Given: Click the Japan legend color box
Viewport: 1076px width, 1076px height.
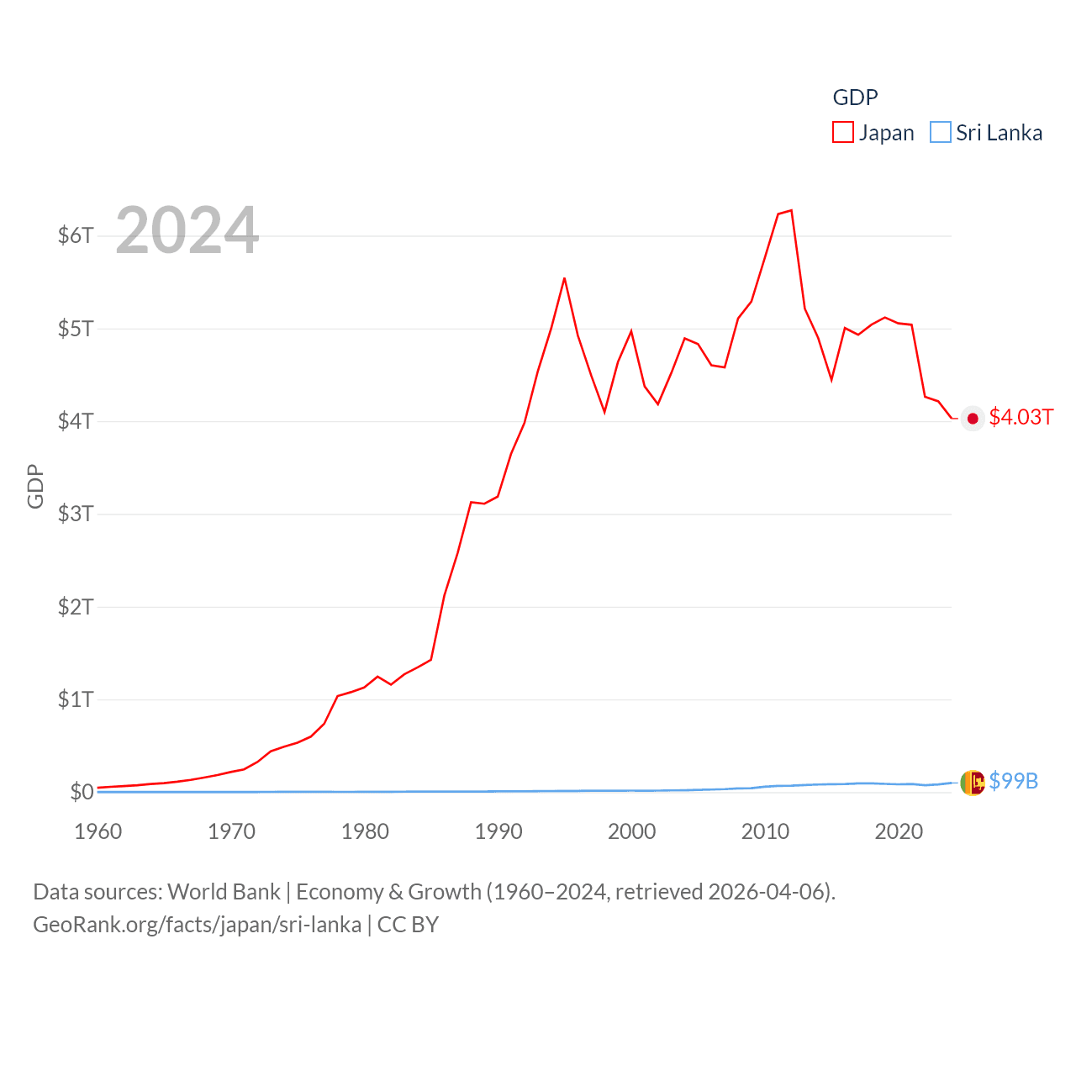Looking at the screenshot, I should pos(843,133).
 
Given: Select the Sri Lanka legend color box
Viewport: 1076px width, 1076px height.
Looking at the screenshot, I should pos(941,133).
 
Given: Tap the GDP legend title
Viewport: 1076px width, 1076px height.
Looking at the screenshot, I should pos(855,98).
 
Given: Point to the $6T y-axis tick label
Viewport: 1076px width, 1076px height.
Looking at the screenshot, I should pos(76,235).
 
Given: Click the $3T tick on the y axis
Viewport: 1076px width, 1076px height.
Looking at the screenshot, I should pos(76,514).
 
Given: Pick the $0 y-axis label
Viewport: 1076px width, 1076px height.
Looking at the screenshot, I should pos(82,792).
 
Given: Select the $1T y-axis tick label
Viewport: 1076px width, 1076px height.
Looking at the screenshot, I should pos(76,699).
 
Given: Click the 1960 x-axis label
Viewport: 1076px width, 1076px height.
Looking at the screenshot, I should pos(98,831).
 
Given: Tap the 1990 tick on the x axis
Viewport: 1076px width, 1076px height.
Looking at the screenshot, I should pos(498,831).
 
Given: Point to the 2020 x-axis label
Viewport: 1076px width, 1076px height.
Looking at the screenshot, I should pos(899,831).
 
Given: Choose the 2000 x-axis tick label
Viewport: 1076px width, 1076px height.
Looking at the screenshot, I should pos(632,831).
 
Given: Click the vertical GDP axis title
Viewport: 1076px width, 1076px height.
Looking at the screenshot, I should pos(35,486).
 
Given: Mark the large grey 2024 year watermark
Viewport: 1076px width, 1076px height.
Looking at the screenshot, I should pos(187,230).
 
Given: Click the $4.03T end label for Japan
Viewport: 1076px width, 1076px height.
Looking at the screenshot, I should pos(1021,418).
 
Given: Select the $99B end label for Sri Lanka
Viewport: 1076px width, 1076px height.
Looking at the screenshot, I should pos(1013,781).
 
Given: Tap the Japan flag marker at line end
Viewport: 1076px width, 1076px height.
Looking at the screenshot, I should pos(973,419).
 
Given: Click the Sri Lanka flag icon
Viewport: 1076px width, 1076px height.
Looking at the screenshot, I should pos(973,783).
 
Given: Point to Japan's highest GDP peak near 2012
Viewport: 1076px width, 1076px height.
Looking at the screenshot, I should pos(791,210).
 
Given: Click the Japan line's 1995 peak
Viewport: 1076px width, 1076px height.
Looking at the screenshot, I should pos(564,278).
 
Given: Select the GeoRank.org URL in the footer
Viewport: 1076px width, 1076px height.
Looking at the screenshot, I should pos(197,925).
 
